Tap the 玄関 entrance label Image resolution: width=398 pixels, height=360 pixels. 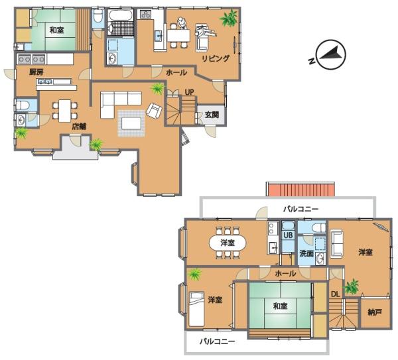point(212,115)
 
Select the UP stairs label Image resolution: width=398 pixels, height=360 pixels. point(189,92)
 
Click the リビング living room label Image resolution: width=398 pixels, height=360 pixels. point(216,58)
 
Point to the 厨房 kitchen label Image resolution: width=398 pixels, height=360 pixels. point(36,72)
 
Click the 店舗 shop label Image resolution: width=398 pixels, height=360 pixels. point(79,126)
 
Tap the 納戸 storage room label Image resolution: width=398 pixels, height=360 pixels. point(375,312)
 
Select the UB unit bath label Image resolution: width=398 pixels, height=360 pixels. point(288,235)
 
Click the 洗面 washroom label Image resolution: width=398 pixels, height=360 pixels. point(306,253)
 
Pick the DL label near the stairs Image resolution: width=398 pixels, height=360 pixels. point(335,294)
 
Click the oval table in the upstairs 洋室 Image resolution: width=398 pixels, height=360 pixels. point(228,243)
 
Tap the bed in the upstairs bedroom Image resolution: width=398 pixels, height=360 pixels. point(196,309)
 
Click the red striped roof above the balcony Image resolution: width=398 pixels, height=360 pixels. point(300,189)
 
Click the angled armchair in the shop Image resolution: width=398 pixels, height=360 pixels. point(154,111)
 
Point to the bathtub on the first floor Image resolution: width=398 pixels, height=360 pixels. point(120,15)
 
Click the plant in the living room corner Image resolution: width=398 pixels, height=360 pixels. point(229,18)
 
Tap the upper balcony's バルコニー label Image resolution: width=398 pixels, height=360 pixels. point(300,210)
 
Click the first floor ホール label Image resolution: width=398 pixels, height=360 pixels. point(176,72)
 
